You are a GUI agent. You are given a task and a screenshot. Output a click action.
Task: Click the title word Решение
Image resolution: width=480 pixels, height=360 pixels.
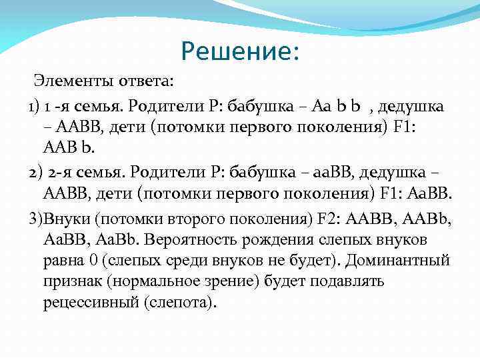[x=236, y=51]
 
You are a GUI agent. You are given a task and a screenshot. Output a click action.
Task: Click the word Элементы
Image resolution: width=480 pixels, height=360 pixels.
[x=73, y=82]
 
